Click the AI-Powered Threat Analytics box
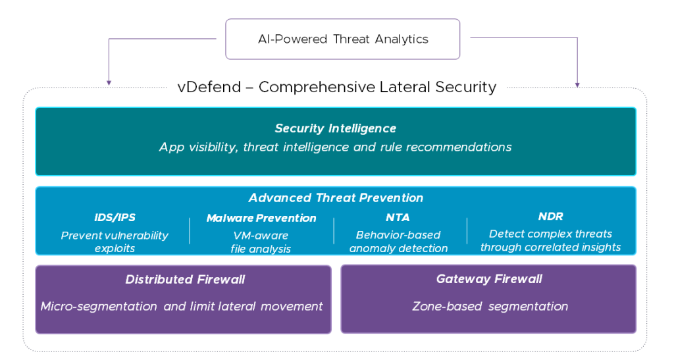coord(342,39)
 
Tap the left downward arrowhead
coord(109,83)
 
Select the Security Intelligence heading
coord(336,128)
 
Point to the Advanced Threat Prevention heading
coord(336,197)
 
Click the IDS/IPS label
coord(115,217)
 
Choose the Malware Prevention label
coord(261,218)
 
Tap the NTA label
coord(398,217)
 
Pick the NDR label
coord(550,216)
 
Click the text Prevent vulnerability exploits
coord(115,242)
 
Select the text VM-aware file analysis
coord(261,242)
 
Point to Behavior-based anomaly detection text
coord(398,242)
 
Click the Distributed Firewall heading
coord(185,280)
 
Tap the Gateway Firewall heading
coord(489,279)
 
